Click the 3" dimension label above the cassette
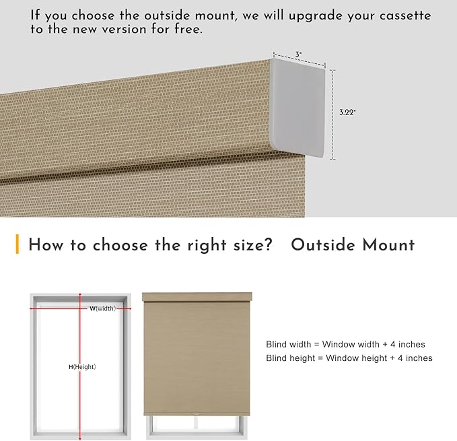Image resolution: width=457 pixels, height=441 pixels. click(x=298, y=55)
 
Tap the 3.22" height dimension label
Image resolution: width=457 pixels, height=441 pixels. click(x=347, y=112)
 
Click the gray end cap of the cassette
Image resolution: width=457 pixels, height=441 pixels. click(x=298, y=108)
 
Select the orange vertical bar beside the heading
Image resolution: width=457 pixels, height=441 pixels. click(x=17, y=244)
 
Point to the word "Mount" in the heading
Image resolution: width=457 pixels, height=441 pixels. click(x=388, y=244)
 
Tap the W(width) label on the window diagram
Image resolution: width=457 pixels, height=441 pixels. click(x=102, y=308)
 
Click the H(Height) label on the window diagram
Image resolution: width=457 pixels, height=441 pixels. click(x=82, y=367)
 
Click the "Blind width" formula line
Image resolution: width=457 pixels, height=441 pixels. click(x=345, y=344)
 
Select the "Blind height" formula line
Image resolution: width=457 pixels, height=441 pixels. click(x=349, y=358)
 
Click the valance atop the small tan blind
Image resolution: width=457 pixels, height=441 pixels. click(x=197, y=297)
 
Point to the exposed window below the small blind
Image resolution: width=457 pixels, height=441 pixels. click(x=197, y=427)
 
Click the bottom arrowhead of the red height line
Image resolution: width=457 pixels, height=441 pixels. click(x=80, y=438)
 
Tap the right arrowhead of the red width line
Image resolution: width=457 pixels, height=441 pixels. click(x=129, y=308)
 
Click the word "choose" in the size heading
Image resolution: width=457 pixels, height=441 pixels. click(x=120, y=245)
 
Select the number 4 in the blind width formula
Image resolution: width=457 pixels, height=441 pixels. click(x=393, y=344)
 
